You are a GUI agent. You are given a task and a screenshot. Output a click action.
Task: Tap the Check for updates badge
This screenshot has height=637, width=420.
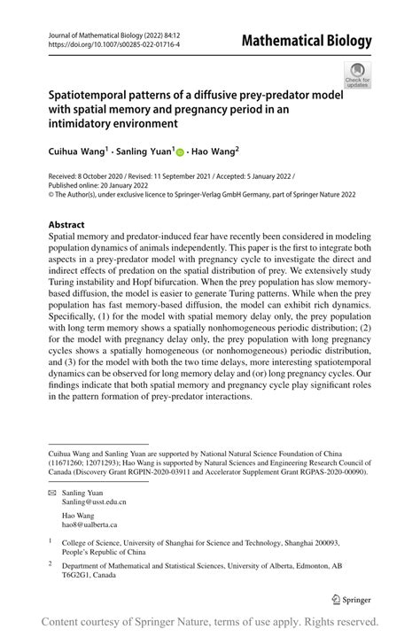[x=357, y=75]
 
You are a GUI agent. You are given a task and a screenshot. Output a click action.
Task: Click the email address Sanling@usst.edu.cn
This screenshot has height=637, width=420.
[x=93, y=501]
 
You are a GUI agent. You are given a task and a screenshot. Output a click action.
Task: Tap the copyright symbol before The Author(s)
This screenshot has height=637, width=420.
[x=51, y=196]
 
